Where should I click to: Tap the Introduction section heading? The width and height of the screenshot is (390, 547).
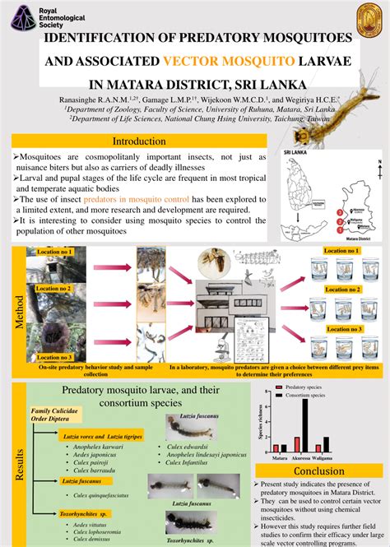pyautogui.click(x=139, y=141)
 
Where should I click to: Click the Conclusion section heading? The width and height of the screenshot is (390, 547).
pyautogui.click(x=318, y=471)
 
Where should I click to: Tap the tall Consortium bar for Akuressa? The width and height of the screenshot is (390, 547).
pyautogui.click(x=305, y=424)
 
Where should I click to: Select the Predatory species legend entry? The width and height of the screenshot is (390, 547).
pyautogui.click(x=309, y=386)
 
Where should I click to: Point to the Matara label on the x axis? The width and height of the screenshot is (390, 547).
pyautogui.click(x=281, y=457)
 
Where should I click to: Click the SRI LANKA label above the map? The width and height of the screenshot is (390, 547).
pyautogui.click(x=296, y=153)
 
